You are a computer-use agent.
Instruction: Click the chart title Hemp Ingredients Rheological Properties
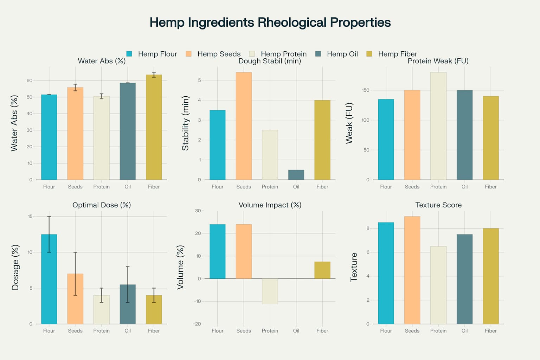coord(270,22)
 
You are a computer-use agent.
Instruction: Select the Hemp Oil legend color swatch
coord(318,54)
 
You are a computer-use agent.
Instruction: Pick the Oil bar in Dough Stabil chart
coord(296,175)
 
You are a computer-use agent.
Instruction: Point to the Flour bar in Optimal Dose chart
coord(49,279)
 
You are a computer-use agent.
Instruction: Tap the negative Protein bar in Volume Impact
coord(270,291)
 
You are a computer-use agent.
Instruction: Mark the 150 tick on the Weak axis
coord(366,90)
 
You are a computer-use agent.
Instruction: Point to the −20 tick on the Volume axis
coord(197,324)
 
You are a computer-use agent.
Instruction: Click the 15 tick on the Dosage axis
coord(30,216)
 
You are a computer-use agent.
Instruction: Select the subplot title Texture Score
coord(438,205)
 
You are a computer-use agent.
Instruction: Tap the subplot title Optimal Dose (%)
coord(102,205)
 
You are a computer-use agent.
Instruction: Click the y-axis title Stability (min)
coord(185,123)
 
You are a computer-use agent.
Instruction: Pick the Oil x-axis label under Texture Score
coord(464,331)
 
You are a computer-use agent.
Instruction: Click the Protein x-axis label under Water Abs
coord(102,187)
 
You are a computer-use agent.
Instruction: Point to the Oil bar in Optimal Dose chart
coord(128,304)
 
